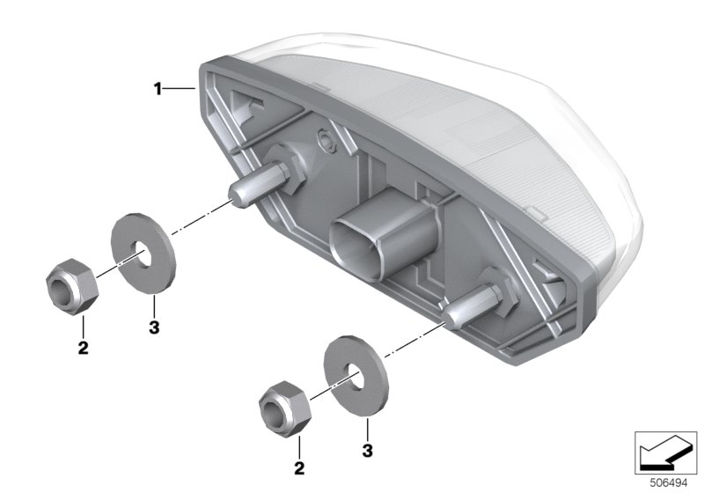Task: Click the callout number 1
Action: click(158, 89)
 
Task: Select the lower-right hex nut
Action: click(285, 409)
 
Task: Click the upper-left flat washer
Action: click(143, 254)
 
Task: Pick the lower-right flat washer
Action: click(356, 376)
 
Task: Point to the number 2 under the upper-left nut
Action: click(83, 347)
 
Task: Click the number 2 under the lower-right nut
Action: click(299, 468)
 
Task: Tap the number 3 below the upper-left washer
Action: click(154, 327)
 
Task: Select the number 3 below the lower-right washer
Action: click(367, 451)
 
